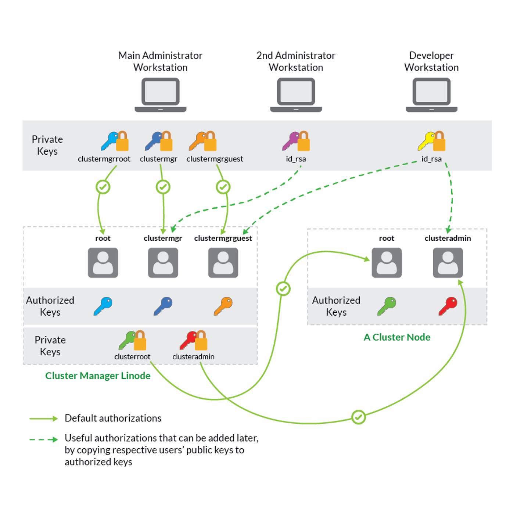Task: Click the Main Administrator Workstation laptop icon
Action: click(161, 94)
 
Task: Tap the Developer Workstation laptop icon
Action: click(431, 94)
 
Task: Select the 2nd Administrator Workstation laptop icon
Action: click(296, 94)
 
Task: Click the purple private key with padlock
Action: click(296, 141)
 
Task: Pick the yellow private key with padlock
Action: click(431, 141)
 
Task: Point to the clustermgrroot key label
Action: click(104, 159)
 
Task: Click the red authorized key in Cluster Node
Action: click(448, 306)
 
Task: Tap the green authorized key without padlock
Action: click(387, 306)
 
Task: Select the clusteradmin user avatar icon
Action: click(448, 262)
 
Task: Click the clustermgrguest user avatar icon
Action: click(223, 262)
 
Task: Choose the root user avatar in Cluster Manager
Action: click(103, 262)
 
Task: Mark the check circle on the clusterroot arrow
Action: click(283, 289)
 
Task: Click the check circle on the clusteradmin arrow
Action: click(358, 417)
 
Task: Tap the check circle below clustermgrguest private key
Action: click(223, 187)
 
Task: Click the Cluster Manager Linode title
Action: click(98, 376)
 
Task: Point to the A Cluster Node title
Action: click(397, 337)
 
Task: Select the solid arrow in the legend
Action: click(43, 419)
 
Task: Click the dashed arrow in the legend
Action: click(43, 439)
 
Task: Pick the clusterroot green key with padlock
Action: click(132, 340)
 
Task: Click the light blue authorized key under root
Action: click(103, 306)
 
